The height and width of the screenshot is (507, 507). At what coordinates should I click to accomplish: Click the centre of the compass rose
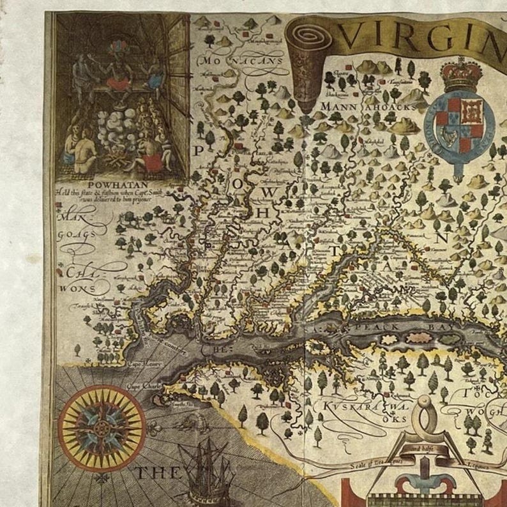(102, 427)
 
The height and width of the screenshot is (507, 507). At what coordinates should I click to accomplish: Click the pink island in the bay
(418, 338)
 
